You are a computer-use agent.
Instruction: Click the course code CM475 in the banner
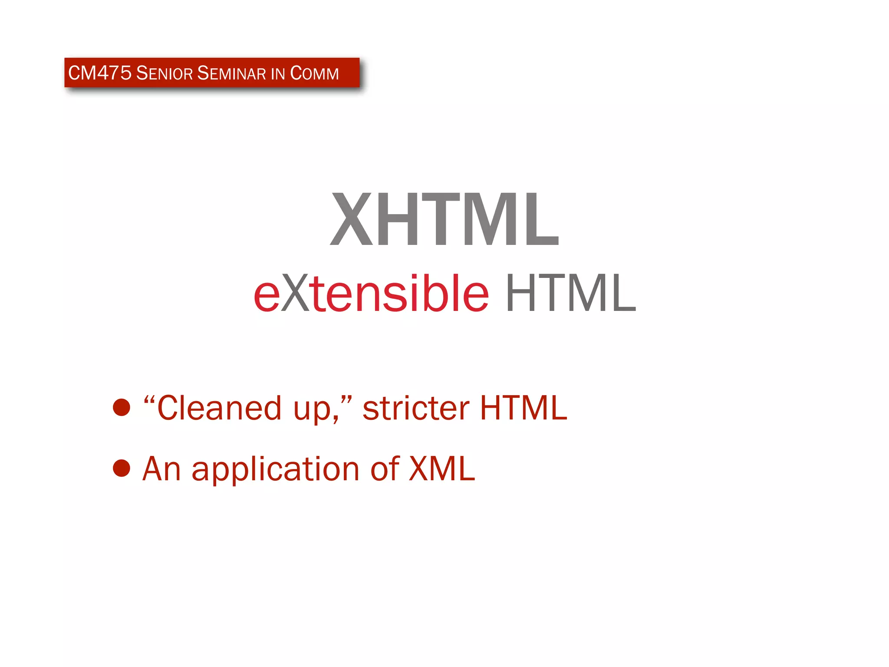pyautogui.click(x=99, y=73)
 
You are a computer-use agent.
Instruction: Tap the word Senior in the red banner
pyautogui.click(x=164, y=73)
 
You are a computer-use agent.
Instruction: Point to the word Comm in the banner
pyautogui.click(x=314, y=73)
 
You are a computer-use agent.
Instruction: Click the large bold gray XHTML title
pyautogui.click(x=444, y=219)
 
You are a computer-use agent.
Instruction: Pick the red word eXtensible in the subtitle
pyautogui.click(x=371, y=294)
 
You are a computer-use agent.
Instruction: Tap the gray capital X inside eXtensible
pyautogui.click(x=295, y=294)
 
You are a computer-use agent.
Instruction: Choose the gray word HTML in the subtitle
pyautogui.click(x=571, y=294)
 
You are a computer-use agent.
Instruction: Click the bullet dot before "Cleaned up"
pyautogui.click(x=122, y=407)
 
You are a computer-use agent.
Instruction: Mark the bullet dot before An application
pyautogui.click(x=122, y=468)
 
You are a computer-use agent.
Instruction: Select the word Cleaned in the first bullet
pyautogui.click(x=219, y=408)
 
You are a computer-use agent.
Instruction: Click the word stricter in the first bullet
pyautogui.click(x=416, y=408)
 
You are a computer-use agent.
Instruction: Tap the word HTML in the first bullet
pyautogui.click(x=524, y=408)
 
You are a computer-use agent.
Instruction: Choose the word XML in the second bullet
pyautogui.click(x=442, y=469)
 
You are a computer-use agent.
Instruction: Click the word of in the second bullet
pyautogui.click(x=385, y=469)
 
